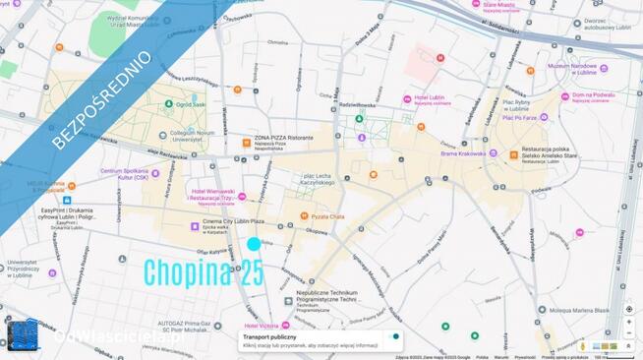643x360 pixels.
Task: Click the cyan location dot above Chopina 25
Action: [254, 244]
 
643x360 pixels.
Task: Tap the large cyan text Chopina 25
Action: [204, 273]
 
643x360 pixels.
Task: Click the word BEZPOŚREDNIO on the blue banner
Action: [101, 100]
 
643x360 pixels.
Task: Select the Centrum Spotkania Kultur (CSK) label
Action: [131, 173]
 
